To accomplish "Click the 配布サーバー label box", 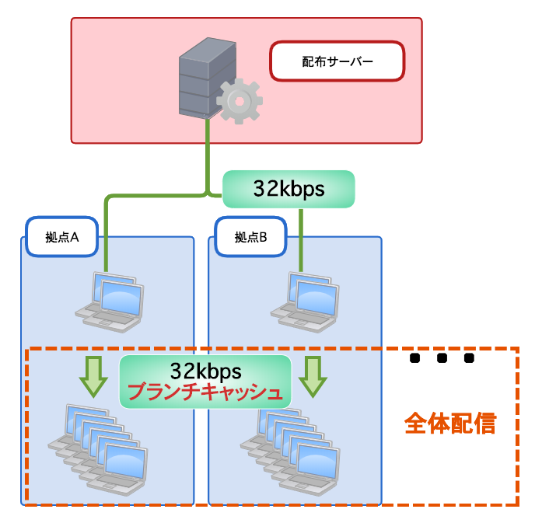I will pos(337,61).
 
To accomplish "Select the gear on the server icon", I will pos(239,101).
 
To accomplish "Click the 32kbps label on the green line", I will pos(288,190).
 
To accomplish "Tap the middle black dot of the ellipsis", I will pos(442,358).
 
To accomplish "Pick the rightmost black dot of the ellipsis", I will pos(468,358).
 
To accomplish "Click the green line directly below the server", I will pos(208,155).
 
